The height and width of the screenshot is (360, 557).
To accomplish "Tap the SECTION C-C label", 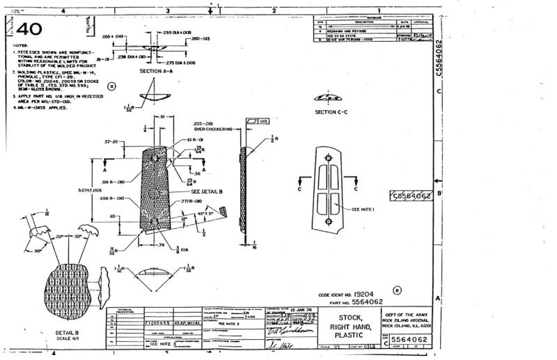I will click(330, 111).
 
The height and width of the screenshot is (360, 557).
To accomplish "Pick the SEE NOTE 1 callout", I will click(363, 208).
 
